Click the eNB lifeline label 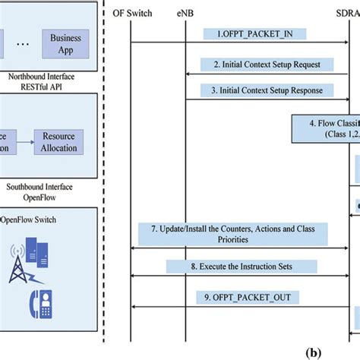(187, 13)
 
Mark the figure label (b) (312, 353)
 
